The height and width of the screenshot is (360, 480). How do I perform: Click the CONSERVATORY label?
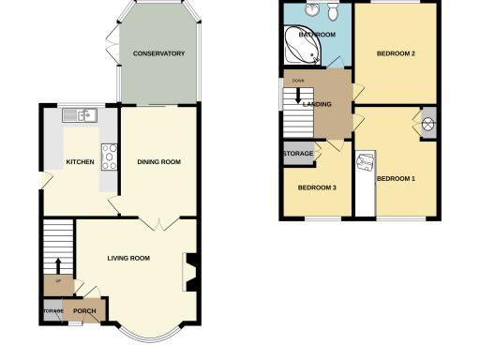[158, 53]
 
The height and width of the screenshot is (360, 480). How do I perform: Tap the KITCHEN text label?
[80, 162]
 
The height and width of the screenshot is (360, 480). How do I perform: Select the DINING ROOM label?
[158, 162]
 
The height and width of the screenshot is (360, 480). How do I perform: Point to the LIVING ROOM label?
[128, 258]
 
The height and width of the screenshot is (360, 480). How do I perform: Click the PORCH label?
[85, 310]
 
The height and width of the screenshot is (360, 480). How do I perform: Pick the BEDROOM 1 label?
[395, 178]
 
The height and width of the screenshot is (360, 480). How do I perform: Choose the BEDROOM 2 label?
[396, 53]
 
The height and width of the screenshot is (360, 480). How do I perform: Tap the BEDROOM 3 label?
[317, 187]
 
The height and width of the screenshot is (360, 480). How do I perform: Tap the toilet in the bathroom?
[332, 13]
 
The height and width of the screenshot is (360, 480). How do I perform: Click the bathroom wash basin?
[308, 10]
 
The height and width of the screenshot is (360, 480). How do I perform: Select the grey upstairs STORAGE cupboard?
[299, 154]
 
